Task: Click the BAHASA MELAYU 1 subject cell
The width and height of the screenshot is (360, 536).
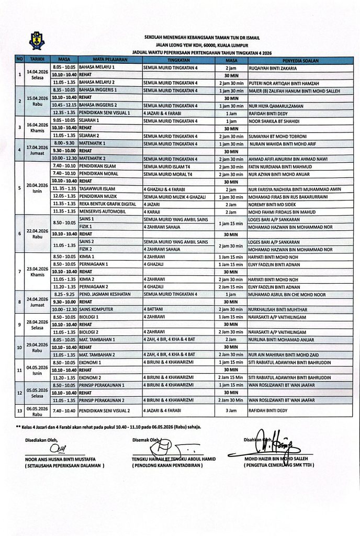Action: tap(97, 68)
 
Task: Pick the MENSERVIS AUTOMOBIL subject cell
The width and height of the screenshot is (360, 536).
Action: tap(101, 211)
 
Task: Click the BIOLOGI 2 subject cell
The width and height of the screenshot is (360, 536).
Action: tap(91, 332)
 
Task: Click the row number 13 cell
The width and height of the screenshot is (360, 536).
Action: tap(19, 411)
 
